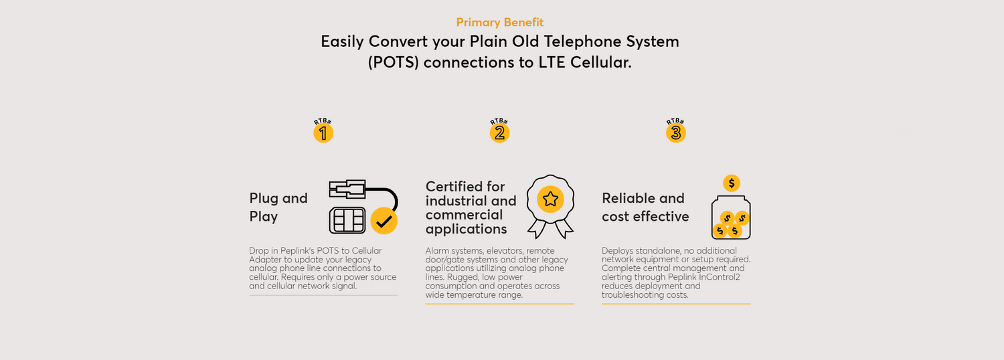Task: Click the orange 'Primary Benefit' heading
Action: click(500, 22)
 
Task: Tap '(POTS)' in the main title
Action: click(393, 63)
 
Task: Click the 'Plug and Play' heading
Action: click(278, 207)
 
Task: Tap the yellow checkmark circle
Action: click(384, 221)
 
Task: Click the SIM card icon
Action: click(347, 220)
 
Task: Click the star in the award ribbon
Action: click(550, 199)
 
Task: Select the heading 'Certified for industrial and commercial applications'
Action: click(471, 207)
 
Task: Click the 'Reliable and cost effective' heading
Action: click(645, 207)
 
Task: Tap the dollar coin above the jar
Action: click(732, 183)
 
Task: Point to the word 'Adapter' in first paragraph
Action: click(265, 260)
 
